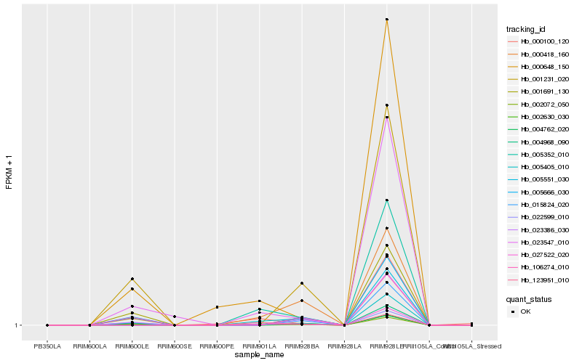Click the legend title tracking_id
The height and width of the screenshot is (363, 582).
526,28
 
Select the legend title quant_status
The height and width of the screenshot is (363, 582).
529,298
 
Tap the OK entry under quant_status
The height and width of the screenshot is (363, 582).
525,311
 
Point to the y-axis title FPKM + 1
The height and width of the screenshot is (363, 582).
9,171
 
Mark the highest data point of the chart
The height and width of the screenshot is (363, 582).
386,20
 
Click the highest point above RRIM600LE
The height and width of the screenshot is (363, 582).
132,279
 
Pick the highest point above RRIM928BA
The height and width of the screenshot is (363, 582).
301,283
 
